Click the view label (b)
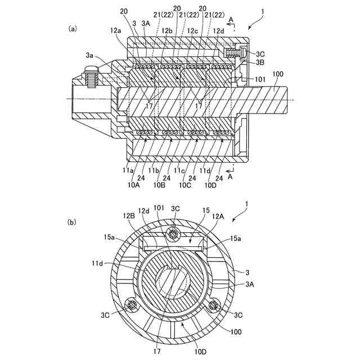73,222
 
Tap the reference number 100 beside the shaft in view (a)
277,74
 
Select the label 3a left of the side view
90,55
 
